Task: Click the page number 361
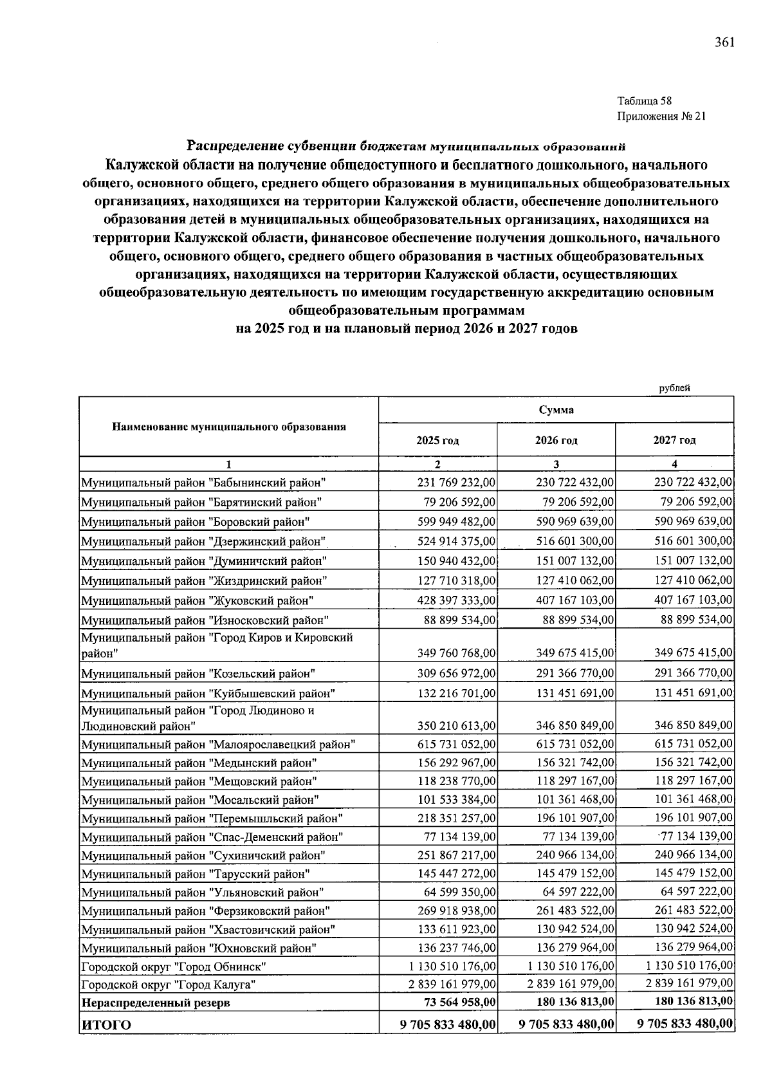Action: pyautogui.click(x=724, y=43)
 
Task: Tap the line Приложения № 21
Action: pyautogui.click(x=661, y=116)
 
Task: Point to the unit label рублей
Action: pyautogui.click(x=674, y=388)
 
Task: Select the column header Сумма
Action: pyautogui.click(x=556, y=410)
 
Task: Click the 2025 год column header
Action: pyautogui.click(x=437, y=441)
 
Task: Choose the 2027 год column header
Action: pyautogui.click(x=674, y=441)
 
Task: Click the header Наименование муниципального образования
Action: pyautogui.click(x=229, y=427)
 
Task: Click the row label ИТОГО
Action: pyautogui.click(x=106, y=1025)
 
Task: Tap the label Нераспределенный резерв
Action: pyautogui.click(x=155, y=1003)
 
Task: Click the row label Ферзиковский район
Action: pyautogui.click(x=205, y=911)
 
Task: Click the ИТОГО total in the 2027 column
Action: pyautogui.click(x=685, y=1024)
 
